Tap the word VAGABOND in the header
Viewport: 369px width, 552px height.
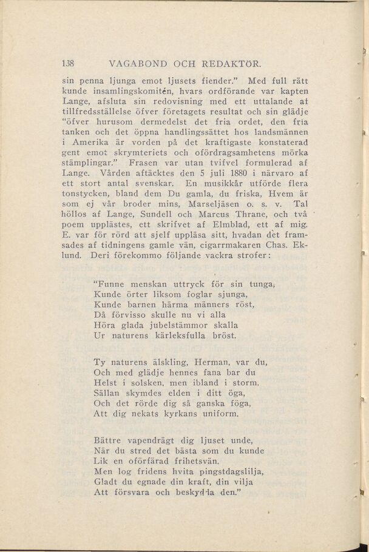pyautogui.click(x=137, y=63)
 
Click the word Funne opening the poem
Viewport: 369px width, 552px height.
pyautogui.click(x=109, y=283)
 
